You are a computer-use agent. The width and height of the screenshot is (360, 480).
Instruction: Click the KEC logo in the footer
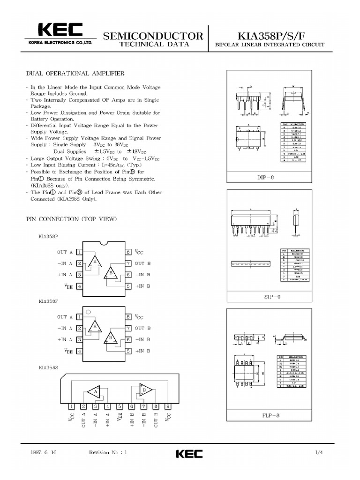(x=189, y=454)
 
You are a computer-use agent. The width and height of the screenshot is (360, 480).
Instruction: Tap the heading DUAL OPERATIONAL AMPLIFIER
(x=75, y=74)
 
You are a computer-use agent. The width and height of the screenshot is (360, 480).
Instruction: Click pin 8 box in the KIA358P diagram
(x=127, y=252)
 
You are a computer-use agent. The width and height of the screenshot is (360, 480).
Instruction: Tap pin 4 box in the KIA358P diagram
(x=80, y=286)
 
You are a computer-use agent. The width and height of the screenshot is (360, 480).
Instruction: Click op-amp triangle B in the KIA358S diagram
(x=143, y=390)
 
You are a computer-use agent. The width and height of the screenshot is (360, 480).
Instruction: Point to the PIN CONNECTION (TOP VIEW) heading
(x=71, y=219)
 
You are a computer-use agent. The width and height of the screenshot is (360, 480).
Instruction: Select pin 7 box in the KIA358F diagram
(x=127, y=328)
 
